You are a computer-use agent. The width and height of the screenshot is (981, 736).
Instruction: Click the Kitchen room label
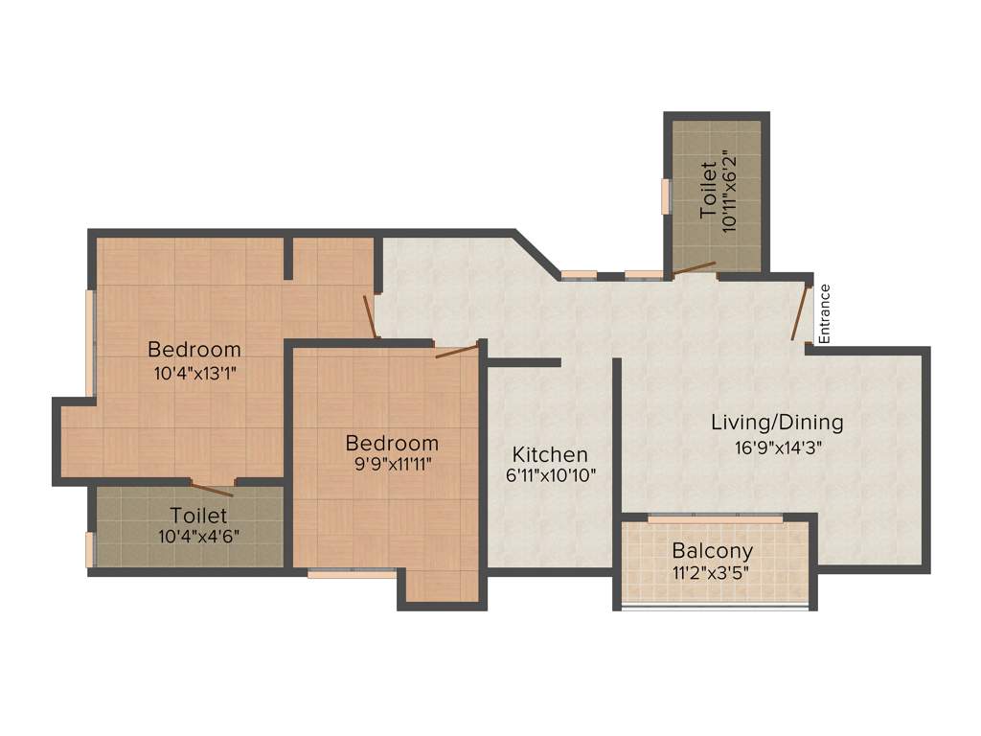(x=550, y=454)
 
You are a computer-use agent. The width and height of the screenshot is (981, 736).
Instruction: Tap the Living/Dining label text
(x=777, y=422)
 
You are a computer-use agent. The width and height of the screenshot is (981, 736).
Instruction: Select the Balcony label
(x=712, y=551)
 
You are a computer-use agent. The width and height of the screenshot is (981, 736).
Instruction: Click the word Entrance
(x=825, y=314)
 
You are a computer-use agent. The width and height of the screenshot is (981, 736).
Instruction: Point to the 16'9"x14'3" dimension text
(x=777, y=446)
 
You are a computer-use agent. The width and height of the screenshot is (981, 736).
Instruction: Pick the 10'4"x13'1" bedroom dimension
(x=194, y=374)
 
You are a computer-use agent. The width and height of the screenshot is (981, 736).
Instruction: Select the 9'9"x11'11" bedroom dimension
(x=391, y=467)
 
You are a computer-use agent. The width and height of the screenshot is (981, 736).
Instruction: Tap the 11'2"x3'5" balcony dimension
(x=712, y=574)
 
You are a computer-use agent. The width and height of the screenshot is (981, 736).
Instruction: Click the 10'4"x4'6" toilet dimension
(x=199, y=537)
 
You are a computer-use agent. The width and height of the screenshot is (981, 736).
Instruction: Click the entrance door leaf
(x=800, y=312)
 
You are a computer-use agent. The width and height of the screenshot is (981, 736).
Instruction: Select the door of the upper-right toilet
(x=694, y=268)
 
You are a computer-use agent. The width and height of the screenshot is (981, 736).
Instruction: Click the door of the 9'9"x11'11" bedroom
(x=456, y=352)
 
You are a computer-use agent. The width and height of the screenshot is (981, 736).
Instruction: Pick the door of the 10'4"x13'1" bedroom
(x=370, y=315)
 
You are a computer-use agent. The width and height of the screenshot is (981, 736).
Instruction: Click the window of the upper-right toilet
(x=665, y=196)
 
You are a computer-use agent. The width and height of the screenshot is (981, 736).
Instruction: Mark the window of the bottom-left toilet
(x=90, y=549)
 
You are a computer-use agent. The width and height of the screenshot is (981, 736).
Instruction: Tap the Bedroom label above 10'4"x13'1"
(x=194, y=349)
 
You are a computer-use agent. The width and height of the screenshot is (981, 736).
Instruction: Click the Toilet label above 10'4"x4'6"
(x=199, y=516)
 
